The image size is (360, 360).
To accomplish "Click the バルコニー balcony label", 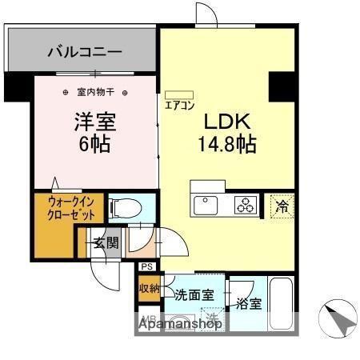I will pyautogui.click(x=84, y=53).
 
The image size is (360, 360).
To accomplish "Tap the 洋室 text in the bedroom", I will pyautogui.click(x=95, y=122).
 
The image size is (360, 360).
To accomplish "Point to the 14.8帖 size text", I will pyautogui.click(x=227, y=146).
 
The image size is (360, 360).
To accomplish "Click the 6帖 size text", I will pyautogui.click(x=94, y=146).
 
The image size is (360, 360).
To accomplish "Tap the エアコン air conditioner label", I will pyautogui.click(x=179, y=104).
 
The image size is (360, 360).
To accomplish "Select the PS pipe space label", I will pyautogui.click(x=146, y=267).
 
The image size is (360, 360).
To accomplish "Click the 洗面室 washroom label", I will pyautogui.click(x=194, y=294).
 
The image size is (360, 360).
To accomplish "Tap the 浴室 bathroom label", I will pyautogui.click(x=248, y=303).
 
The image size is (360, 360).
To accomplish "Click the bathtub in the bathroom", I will pyautogui.click(x=281, y=304).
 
